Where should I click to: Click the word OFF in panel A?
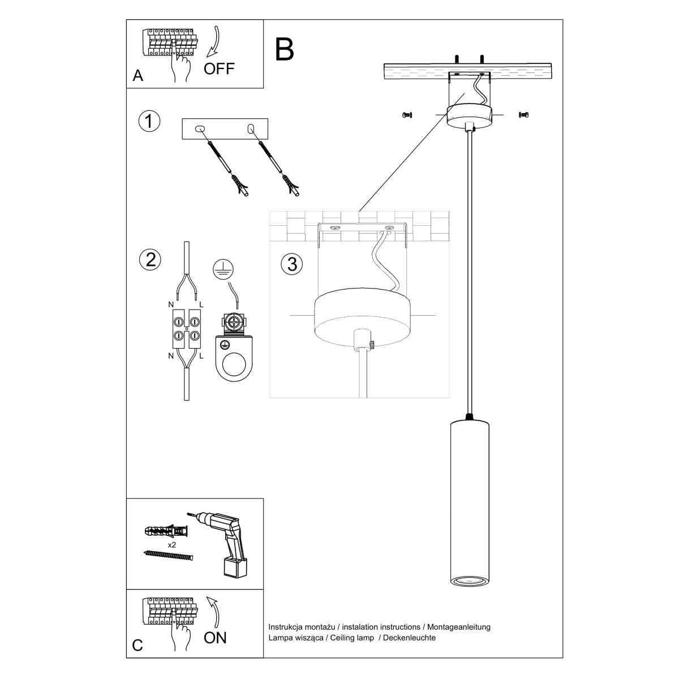(219, 69)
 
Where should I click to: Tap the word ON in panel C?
(215, 638)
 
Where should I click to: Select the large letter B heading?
(285, 49)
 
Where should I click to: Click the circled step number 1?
(149, 121)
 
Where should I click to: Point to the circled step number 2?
(150, 259)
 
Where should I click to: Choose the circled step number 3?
(292, 264)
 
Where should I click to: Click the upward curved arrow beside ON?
(214, 610)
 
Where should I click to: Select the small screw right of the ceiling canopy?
(523, 115)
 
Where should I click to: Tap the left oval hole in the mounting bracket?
(199, 129)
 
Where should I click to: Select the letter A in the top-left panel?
(137, 76)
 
